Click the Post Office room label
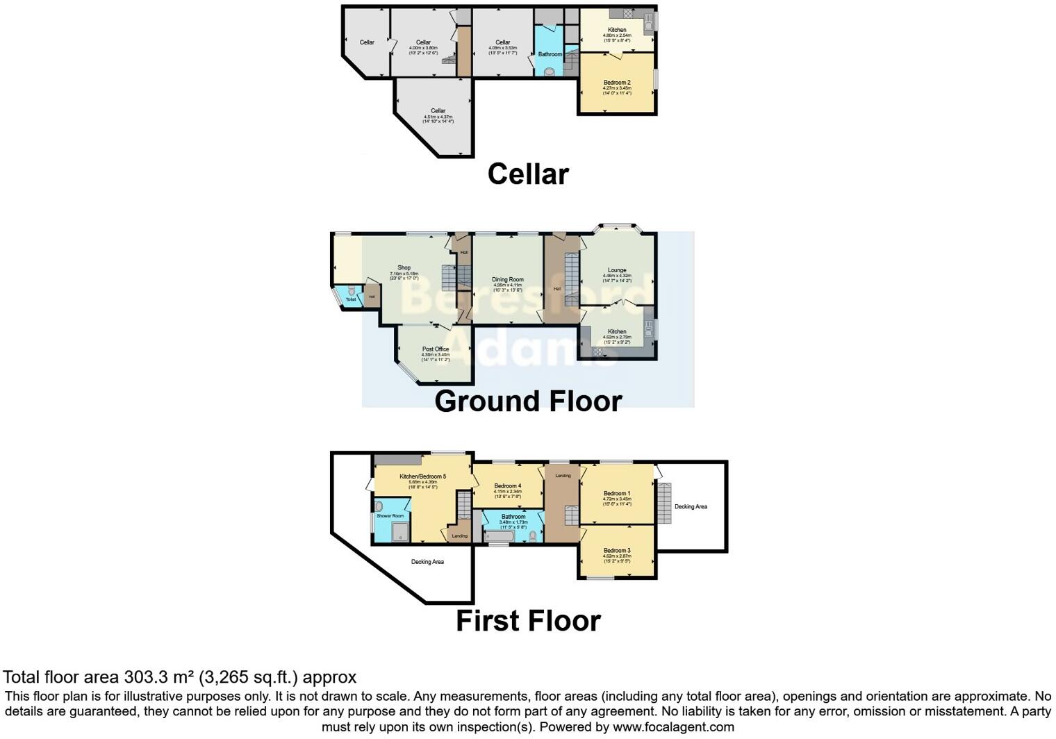[436, 349]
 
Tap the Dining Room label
[508, 279]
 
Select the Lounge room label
[617, 270]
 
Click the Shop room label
[404, 267]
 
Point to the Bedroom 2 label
[617, 83]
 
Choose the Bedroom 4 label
[507, 485]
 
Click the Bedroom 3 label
[617, 550]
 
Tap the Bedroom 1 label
[617, 493]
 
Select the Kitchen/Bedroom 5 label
[422, 476]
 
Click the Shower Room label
[390, 516]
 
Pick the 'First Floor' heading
[528, 621]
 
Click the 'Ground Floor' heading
[528, 401]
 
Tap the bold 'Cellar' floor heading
[528, 174]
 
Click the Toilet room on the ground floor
[351, 299]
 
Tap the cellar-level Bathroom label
[550, 54]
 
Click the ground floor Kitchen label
[617, 331]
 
